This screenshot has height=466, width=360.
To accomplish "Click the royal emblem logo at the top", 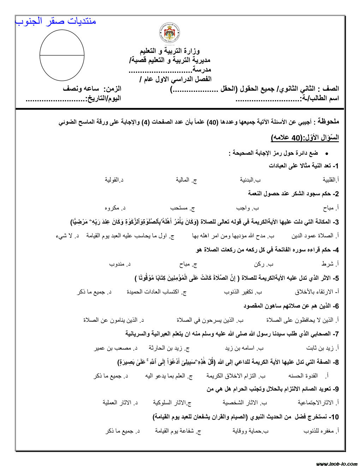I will coord(170,33).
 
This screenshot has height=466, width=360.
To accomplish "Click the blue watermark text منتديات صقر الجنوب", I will coord(56,21).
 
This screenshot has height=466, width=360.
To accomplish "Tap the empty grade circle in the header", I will coord(62,55).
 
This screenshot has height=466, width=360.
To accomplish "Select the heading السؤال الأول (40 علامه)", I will coord(305,137).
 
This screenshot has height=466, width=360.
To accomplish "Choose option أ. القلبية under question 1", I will coord(330,180).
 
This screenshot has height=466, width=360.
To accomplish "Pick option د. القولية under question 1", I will coord(114,180).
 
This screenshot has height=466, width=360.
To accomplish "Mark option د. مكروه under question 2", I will coord(115,208).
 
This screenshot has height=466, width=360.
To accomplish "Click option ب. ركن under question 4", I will coord(264,264).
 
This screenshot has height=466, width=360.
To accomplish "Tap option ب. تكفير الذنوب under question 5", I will coord(243,292).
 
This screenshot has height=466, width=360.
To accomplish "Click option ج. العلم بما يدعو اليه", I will coord(169,376).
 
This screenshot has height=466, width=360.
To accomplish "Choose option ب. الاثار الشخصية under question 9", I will coord(245,403).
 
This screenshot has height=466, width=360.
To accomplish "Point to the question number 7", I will coord(336,334).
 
